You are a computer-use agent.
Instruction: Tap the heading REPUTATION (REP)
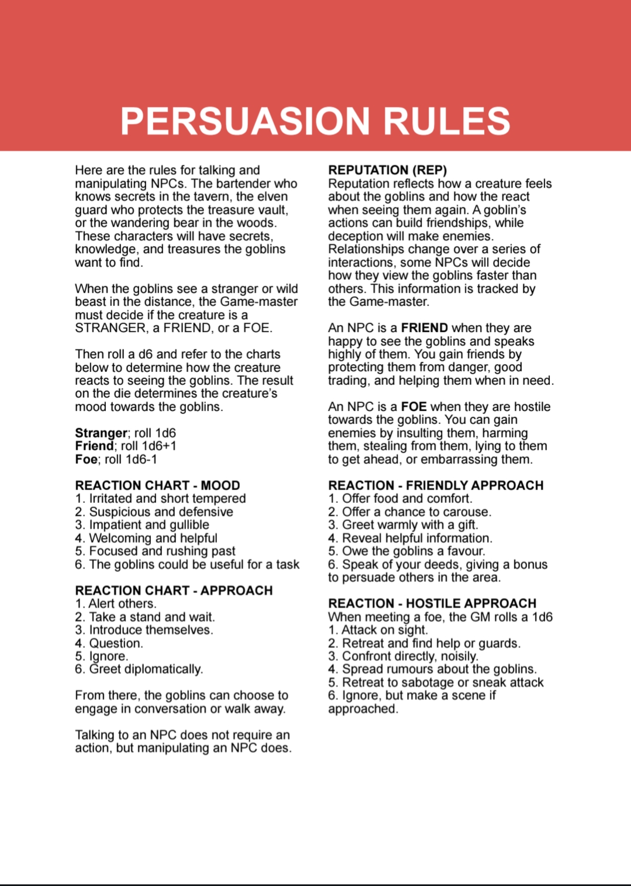pos(387,170)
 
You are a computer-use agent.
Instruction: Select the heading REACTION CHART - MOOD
pos(157,485)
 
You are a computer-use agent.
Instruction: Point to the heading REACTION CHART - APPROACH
pos(174,591)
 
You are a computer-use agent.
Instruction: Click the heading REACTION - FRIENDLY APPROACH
pos(436,485)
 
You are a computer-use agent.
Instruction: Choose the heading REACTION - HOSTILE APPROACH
pos(432,604)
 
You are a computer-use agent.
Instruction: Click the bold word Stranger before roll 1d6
pos(101,433)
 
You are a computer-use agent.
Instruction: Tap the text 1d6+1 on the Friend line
pos(156,446)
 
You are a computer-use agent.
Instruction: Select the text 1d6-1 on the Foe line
pos(141,460)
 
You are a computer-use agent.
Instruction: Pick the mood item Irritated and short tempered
pos(167,499)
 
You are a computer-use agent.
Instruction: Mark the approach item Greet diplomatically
pos(146,669)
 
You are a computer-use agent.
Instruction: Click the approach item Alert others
pos(122,604)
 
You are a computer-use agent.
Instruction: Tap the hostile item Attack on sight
pos(384,630)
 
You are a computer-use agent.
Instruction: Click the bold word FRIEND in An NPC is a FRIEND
pos(424,328)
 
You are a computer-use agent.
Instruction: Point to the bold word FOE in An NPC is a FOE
pos(413,407)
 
